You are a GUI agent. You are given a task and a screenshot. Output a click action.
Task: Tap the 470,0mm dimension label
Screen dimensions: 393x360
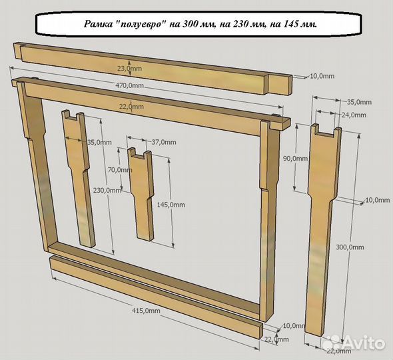130,85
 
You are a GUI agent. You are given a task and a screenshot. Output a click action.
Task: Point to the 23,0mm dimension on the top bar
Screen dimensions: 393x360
130,68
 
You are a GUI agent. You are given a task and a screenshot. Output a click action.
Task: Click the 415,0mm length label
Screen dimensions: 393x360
146,311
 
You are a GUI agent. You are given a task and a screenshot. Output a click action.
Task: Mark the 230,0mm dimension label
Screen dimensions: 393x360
107,190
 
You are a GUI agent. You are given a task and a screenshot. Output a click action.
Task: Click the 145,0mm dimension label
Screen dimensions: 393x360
171,205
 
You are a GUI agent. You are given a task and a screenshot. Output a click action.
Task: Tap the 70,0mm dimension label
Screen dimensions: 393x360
120,170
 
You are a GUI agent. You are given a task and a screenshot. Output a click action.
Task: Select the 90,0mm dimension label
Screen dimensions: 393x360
295,158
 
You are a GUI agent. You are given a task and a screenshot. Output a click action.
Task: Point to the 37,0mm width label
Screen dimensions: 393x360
164,142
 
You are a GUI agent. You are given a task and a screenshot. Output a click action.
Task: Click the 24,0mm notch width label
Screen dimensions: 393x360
354,115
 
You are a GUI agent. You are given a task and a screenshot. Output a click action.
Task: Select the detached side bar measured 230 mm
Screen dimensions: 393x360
78,178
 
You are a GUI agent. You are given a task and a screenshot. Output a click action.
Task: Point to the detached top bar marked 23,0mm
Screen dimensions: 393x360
153,69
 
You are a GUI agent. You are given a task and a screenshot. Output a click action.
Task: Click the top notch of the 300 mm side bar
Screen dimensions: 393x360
325,131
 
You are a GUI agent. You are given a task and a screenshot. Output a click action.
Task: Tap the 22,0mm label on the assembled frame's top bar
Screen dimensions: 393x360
131,107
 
